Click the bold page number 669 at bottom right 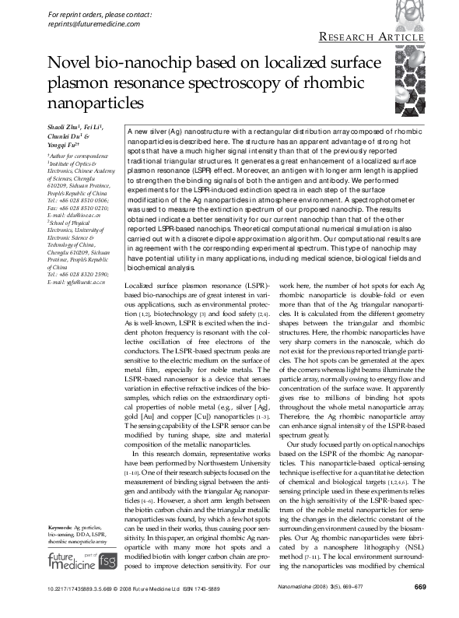point(419,608)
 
